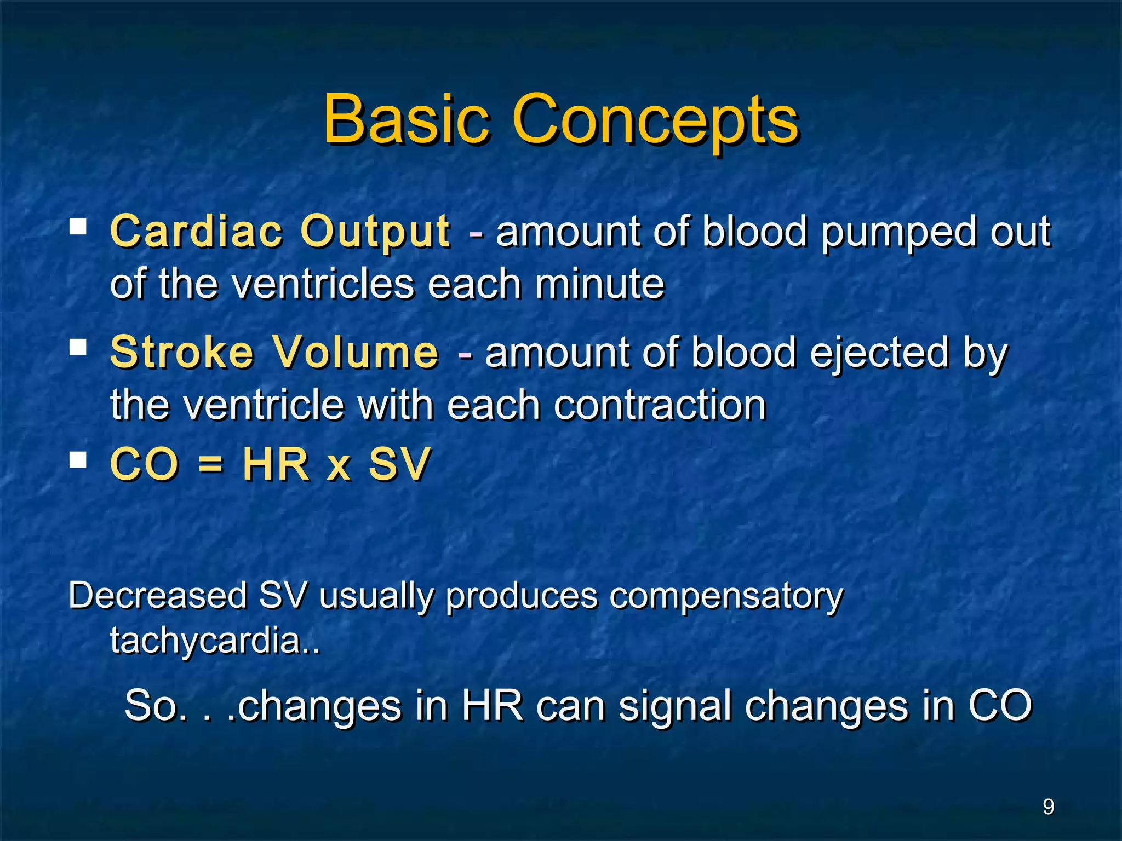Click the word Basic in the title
pyautogui.click(x=405, y=118)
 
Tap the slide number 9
pyautogui.click(x=1048, y=807)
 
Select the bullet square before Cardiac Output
pyautogui.click(x=78, y=227)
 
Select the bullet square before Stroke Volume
pyautogui.click(x=78, y=347)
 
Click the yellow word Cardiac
pyautogui.click(x=196, y=231)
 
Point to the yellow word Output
pyautogui.click(x=375, y=232)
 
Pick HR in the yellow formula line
pyautogui.click(x=276, y=464)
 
